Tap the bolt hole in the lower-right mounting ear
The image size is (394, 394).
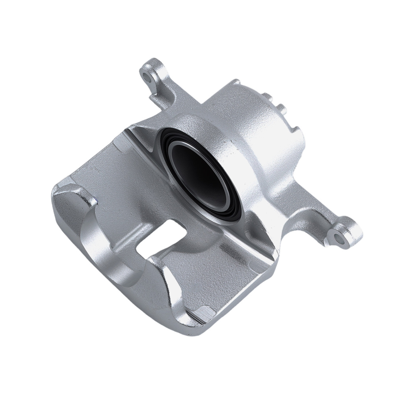point(337,236)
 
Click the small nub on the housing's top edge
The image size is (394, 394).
point(235,83)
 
